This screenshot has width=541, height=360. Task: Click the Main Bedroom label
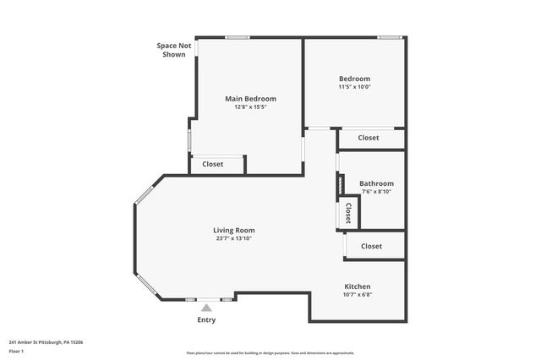tap(250, 99)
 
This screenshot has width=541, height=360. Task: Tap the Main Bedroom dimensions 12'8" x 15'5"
tap(250, 107)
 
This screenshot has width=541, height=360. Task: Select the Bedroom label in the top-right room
tap(354, 79)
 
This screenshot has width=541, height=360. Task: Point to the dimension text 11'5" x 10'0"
tap(354, 87)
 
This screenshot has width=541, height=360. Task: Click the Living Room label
tap(233, 230)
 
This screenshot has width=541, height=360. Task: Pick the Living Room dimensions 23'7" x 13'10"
tap(233, 238)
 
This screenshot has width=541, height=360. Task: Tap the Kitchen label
tap(357, 286)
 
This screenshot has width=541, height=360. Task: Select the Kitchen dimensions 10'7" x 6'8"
tap(357, 295)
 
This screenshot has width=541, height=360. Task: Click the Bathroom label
tap(376, 183)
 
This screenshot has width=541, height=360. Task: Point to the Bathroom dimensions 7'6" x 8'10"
tap(376, 192)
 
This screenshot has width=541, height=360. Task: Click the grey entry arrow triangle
tap(206, 308)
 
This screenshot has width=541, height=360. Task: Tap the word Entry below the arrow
tap(206, 320)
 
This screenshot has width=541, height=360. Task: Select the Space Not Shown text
tap(173, 50)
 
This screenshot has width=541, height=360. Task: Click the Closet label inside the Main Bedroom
tap(213, 164)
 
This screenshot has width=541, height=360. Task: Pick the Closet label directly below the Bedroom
tap(369, 138)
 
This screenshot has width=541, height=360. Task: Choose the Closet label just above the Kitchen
tap(371, 246)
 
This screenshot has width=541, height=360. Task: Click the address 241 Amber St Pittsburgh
tap(46, 342)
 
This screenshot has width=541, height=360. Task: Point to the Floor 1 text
tap(17, 351)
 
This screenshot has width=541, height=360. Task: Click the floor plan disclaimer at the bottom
tap(270, 353)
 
